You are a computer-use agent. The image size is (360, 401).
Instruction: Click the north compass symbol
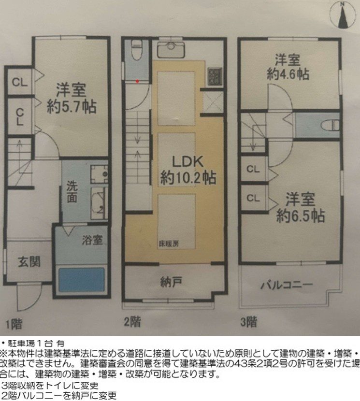pyautogui.click(x=343, y=14)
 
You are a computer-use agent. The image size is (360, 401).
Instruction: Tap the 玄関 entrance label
pyautogui.click(x=29, y=262)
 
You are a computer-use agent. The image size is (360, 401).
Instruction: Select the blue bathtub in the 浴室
pyautogui.click(x=82, y=280)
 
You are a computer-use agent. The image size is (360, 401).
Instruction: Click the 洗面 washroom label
pyautogui.click(x=72, y=192)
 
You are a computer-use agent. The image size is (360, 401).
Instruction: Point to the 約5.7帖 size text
pyautogui.click(x=72, y=107)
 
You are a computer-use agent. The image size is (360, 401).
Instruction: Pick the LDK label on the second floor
pyautogui.click(x=187, y=162)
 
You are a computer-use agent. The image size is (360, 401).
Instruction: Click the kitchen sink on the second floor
pyautogui.click(x=171, y=49)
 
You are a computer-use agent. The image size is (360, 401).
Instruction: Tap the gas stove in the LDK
pyautogui.click(x=215, y=76)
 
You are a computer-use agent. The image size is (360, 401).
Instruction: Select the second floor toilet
pyautogui.click(x=136, y=50)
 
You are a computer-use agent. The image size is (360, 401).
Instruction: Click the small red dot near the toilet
pyautogui.click(x=137, y=81)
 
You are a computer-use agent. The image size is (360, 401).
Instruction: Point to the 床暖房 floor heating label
pyautogui.click(x=169, y=244)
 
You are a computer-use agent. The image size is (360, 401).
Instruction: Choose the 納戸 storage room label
pyautogui.click(x=171, y=282)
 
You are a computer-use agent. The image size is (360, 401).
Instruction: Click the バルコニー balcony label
pyautogui.click(x=287, y=285)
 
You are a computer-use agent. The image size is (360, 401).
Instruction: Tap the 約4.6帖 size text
pyautogui.click(x=288, y=74)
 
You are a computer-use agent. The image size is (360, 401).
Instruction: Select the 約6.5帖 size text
pyautogui.click(x=301, y=216)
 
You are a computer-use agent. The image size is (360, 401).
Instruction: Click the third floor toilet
pyautogui.click(x=330, y=125)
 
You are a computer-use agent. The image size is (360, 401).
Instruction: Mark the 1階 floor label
pyautogui.click(x=14, y=324)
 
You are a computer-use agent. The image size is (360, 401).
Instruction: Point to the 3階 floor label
pyautogui.click(x=249, y=322)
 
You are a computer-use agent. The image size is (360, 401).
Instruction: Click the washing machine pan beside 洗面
pyautogui.click(x=99, y=174)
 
